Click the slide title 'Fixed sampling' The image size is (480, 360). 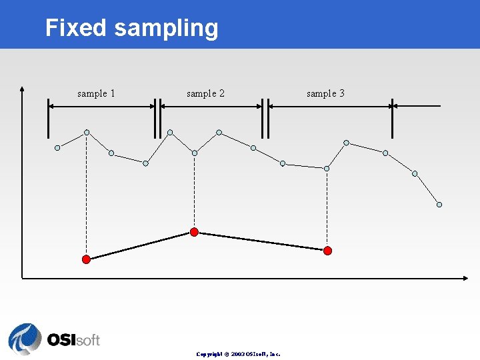point(131,28)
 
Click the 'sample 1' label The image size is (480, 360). point(96,93)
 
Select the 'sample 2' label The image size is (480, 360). point(205,93)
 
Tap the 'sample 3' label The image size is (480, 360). point(325,93)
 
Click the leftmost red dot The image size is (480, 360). point(86,259)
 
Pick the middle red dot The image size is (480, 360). point(194,232)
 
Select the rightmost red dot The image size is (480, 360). point(327,251)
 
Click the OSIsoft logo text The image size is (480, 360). point(73,339)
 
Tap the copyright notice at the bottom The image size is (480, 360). point(238,354)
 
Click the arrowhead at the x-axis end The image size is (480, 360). point(464,277)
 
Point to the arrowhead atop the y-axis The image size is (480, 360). point(23,87)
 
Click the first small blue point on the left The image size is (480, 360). point(57,147)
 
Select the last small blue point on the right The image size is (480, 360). point(439,205)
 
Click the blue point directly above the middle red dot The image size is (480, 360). point(194,153)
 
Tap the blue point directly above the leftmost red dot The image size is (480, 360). point(87,132)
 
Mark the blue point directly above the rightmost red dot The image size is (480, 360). point(327,169)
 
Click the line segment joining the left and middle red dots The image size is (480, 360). point(140,245)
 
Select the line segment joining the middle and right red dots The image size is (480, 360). point(261,241)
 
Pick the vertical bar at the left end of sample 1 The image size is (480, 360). point(49,118)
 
